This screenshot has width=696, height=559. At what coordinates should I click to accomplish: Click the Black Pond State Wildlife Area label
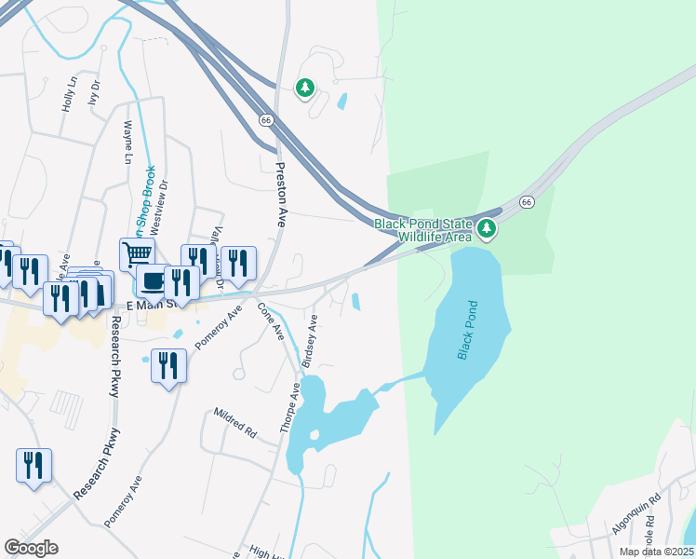423,230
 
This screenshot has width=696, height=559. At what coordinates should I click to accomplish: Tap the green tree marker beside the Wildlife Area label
486,228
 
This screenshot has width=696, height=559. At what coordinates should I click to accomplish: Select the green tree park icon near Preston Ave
304,89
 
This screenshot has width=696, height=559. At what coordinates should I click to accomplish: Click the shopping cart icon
137,252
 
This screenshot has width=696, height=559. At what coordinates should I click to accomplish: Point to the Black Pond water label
467,330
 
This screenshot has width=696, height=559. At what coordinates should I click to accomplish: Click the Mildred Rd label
234,420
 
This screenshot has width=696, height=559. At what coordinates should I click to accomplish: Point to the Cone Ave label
270,320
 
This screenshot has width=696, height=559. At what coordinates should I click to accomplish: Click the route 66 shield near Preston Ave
266,120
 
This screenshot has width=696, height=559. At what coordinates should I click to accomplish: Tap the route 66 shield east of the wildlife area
527,201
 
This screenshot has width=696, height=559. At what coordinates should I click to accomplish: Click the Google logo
31,548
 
